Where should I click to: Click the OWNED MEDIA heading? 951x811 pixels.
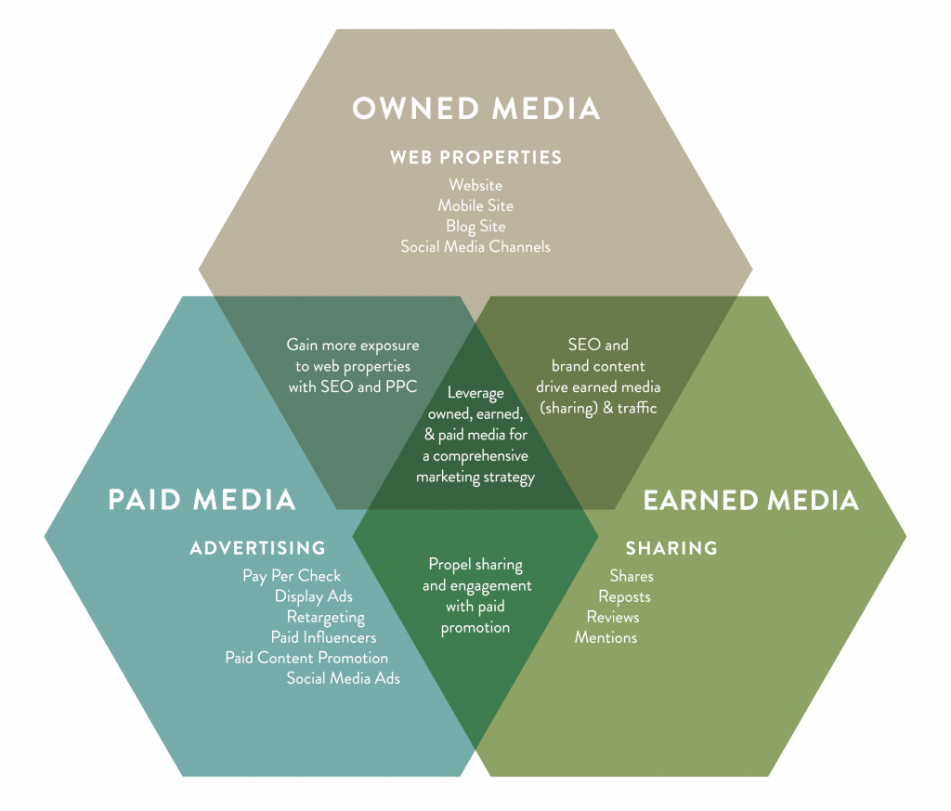click(x=475, y=108)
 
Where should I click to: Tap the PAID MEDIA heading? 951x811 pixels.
click(x=202, y=500)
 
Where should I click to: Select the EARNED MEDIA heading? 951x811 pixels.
click(x=750, y=500)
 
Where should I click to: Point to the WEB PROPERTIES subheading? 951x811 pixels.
click(x=475, y=157)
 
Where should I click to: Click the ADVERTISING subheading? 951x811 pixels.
click(x=257, y=548)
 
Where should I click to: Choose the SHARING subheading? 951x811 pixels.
click(x=671, y=548)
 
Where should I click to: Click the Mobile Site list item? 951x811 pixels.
click(x=475, y=205)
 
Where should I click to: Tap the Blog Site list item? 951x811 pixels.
click(x=475, y=226)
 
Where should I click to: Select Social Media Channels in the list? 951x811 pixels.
click(x=475, y=246)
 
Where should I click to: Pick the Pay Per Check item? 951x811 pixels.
click(x=292, y=576)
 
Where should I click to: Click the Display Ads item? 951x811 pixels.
click(x=314, y=596)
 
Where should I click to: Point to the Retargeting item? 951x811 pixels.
click(x=325, y=617)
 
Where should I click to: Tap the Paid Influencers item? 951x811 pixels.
click(x=323, y=637)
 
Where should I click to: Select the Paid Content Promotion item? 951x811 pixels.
click(x=306, y=658)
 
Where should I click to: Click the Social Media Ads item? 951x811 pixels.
click(x=343, y=678)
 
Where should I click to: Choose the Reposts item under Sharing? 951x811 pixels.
click(x=624, y=596)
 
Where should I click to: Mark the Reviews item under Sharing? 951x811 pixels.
click(x=613, y=617)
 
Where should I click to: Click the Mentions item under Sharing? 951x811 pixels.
click(x=606, y=637)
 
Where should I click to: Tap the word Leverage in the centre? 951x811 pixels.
click(x=475, y=393)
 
